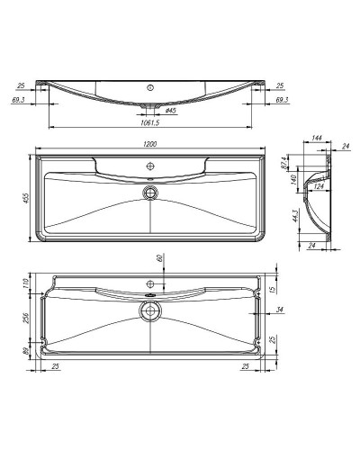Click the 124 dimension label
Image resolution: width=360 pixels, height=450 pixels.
317,187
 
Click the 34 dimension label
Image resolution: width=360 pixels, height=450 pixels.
282,311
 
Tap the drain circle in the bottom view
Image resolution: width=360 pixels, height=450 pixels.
149,311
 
